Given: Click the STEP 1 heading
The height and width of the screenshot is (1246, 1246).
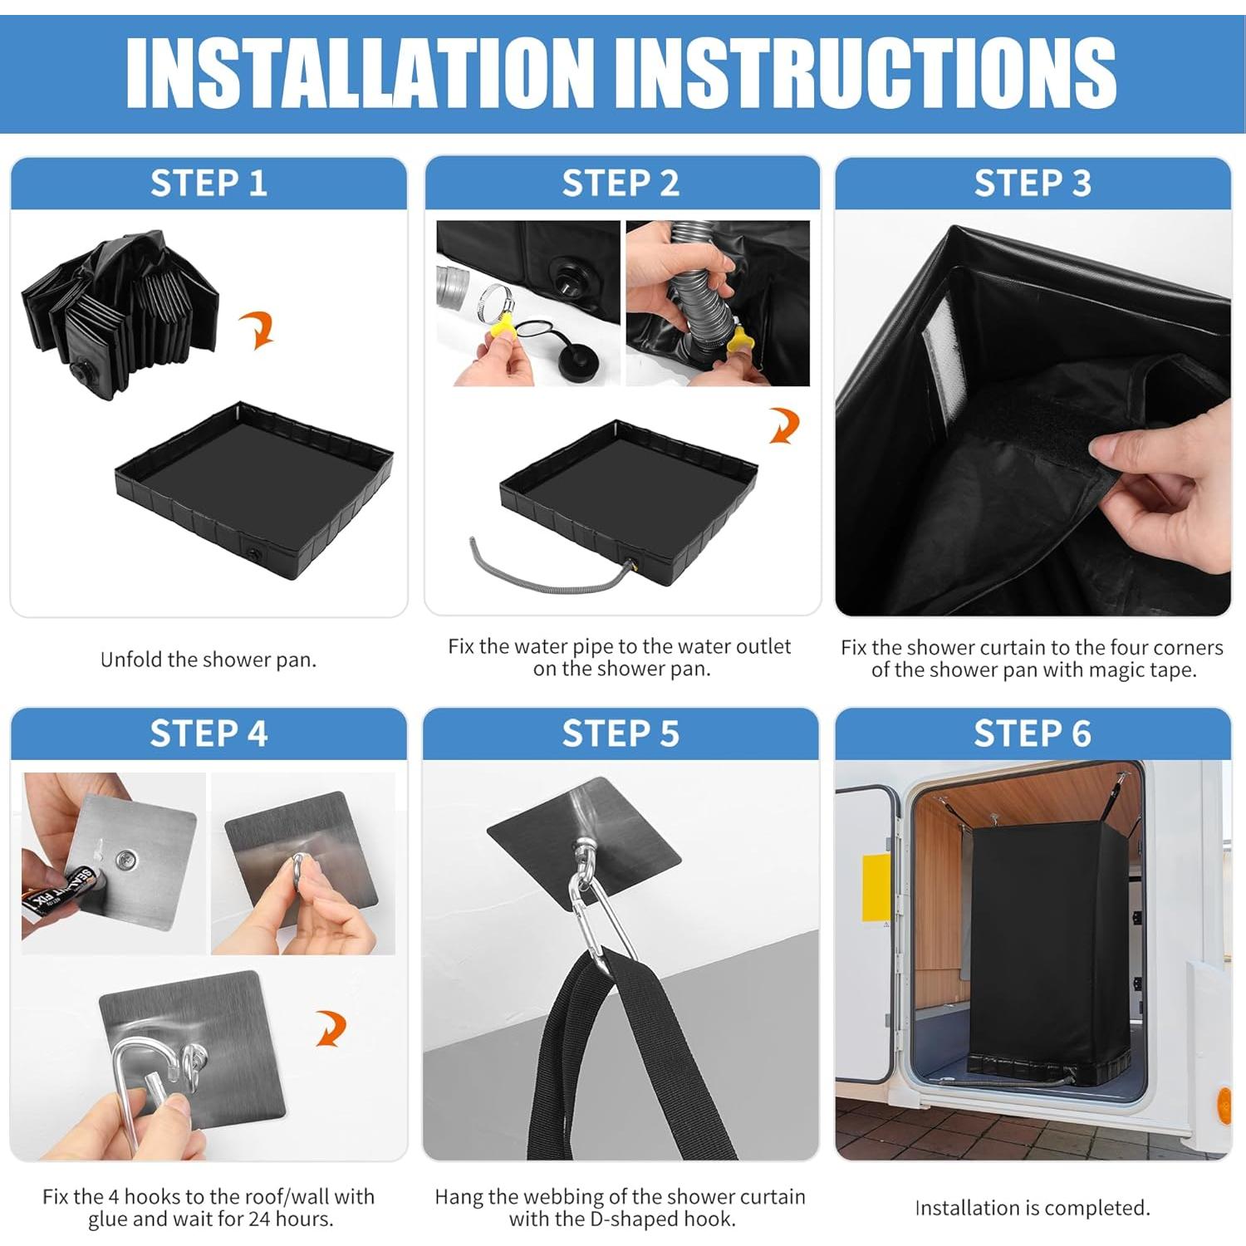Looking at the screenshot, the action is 208,183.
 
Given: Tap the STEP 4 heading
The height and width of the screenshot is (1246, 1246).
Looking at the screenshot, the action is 208,733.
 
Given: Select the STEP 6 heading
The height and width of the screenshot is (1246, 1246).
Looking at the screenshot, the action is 1033,733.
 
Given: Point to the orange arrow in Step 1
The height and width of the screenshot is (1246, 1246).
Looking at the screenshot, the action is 259,330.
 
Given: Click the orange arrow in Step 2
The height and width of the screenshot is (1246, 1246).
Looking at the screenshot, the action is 784,424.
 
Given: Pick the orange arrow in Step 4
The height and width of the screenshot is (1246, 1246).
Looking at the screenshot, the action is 332,1028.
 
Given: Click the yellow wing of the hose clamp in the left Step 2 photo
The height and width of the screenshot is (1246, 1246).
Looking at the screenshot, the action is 503,323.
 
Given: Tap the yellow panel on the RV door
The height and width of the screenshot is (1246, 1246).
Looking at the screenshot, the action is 876,888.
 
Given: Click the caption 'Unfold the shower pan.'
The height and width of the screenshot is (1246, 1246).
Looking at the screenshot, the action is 208,660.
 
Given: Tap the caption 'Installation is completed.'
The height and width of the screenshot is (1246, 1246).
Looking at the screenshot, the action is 1033,1208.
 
